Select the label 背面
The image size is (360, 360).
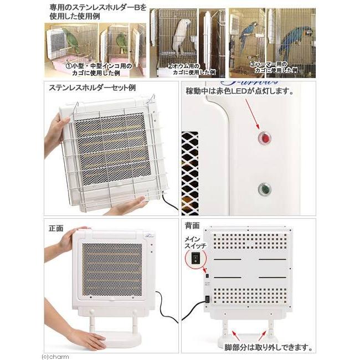tap(192, 227)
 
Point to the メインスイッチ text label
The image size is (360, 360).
tap(194, 242)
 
